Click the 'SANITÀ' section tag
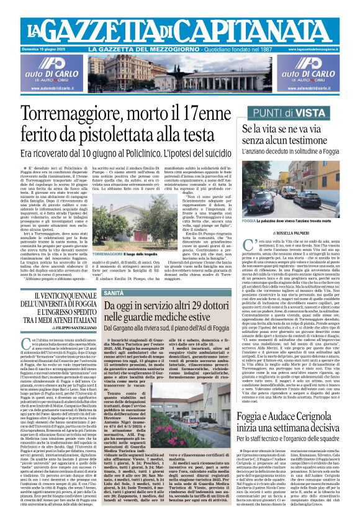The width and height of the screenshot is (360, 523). pyautogui.click(x=114, y=292)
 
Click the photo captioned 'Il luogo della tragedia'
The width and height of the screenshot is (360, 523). pyautogui.click(x=123, y=245)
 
